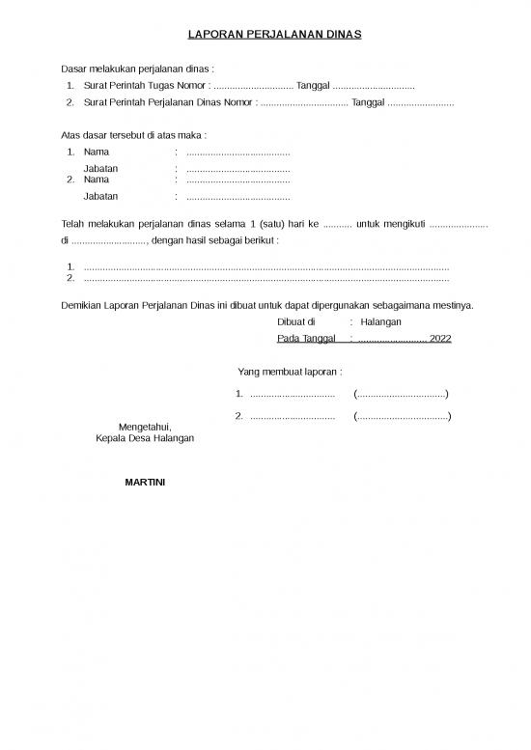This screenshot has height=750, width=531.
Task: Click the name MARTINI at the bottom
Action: point(145,481)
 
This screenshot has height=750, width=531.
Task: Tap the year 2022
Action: point(440,339)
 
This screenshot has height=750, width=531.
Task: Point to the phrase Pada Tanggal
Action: point(305,339)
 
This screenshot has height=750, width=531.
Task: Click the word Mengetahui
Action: point(144,426)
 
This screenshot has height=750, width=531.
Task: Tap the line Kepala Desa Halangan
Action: point(145,437)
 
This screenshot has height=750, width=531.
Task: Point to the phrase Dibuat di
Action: point(295,321)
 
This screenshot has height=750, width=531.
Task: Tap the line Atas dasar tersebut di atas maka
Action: point(133,135)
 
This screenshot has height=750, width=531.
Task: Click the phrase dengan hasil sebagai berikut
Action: point(216,239)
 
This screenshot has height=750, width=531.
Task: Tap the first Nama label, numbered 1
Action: point(97,153)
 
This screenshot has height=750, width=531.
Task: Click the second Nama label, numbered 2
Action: point(97,180)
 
